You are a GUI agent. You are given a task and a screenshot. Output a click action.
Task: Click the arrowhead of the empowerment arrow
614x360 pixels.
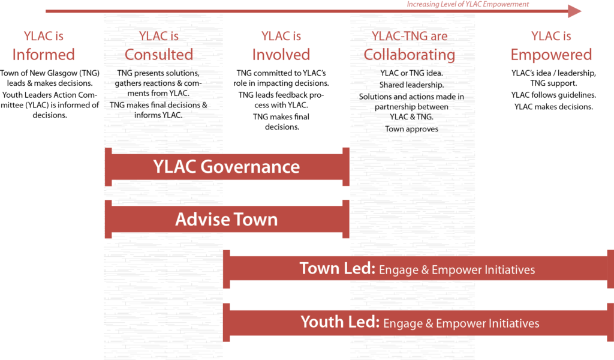574,11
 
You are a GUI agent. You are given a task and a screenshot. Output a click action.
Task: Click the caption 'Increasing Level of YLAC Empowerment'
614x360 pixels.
468,4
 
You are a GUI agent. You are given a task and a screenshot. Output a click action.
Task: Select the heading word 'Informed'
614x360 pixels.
43,55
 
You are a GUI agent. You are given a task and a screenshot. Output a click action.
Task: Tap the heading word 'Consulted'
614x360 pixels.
158,55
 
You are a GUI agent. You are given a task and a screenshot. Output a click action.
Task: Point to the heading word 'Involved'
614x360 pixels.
281,55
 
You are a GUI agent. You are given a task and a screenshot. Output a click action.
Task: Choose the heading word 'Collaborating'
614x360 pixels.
409,55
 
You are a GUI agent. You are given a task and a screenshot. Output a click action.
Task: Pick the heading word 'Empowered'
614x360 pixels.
551,55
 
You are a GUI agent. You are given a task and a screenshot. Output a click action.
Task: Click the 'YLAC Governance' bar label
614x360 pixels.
226,167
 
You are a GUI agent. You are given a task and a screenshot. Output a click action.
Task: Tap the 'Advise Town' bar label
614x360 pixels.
226,220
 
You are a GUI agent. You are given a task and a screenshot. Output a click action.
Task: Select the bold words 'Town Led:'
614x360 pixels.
337,269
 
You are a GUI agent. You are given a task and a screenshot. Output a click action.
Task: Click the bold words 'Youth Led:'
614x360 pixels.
340,322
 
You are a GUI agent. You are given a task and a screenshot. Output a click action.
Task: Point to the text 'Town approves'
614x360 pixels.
411,129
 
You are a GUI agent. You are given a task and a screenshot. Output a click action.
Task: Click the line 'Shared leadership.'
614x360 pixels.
411,85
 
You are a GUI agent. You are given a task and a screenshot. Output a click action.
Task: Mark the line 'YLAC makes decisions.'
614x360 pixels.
553,107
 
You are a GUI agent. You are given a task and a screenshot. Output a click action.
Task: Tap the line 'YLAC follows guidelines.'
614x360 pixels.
553,95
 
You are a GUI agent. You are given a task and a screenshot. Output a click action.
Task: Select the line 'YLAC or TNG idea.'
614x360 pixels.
411,73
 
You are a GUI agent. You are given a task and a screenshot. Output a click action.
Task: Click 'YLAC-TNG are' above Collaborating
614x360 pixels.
410,36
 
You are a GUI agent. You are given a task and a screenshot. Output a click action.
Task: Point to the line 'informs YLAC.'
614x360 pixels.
158,115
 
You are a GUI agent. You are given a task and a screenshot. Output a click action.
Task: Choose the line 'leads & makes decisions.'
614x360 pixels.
50,83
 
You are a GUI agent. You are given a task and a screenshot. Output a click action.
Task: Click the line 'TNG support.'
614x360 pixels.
553,83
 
